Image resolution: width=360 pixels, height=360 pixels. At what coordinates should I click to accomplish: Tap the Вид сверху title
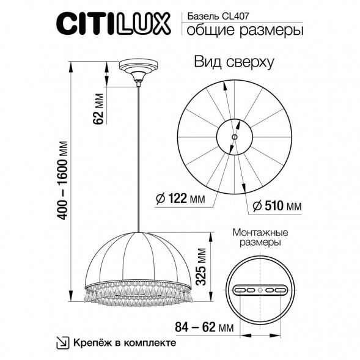[233, 62]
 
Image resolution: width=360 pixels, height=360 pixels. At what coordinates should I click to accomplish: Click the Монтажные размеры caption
[260, 238]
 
